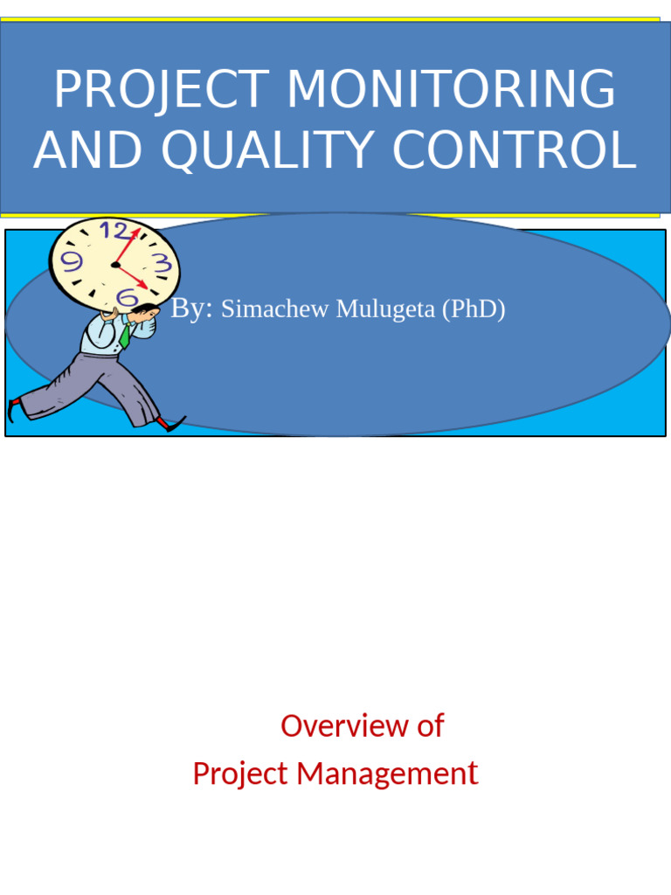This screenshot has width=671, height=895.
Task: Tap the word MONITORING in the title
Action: (451, 90)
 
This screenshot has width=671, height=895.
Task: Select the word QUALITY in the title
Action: (270, 150)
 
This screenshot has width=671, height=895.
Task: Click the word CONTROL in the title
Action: (514, 150)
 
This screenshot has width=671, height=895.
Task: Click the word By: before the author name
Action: (192, 309)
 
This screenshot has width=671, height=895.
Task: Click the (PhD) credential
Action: (473, 309)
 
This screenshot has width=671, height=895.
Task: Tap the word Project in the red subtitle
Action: (240, 774)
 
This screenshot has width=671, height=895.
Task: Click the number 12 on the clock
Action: (114, 232)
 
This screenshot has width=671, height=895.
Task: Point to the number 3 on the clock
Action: (161, 263)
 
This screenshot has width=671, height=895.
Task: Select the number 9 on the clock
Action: (73, 260)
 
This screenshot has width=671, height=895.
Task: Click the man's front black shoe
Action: (173, 425)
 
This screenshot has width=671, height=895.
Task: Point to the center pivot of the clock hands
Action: (114, 263)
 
